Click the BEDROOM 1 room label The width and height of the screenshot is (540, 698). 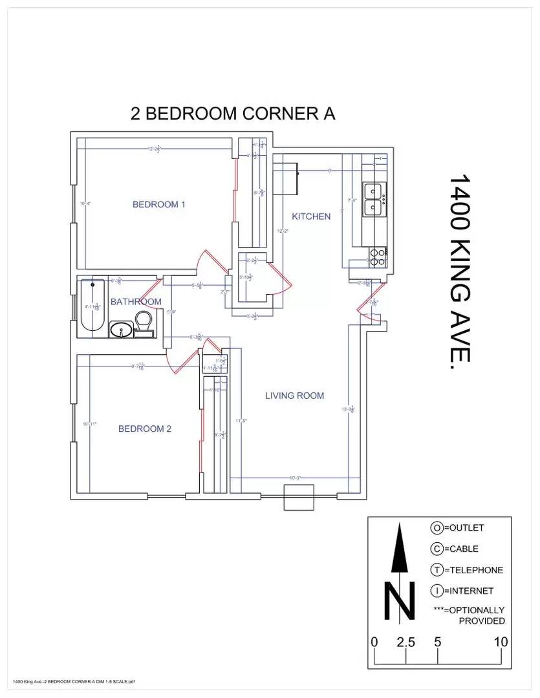tap(159, 204)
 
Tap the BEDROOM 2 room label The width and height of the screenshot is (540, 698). tap(144, 428)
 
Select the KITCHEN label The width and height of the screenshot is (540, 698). tap(311, 217)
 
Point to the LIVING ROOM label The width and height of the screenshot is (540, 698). tap(294, 396)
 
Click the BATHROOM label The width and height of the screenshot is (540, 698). tap(136, 302)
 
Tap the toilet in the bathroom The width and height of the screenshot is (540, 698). tap(144, 321)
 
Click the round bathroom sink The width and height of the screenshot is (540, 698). tap(121, 330)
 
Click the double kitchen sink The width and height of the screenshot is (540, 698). tap(373, 200)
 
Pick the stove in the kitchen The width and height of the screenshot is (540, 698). tap(377, 258)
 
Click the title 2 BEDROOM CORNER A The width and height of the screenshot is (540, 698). tap(233, 114)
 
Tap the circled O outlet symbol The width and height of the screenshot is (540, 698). tap(437, 528)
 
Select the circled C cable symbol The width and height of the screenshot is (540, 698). tap(437, 549)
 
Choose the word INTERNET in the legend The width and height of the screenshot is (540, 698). tap(472, 591)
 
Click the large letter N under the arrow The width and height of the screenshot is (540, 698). tap(399, 601)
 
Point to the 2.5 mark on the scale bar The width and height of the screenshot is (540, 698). tap(405, 642)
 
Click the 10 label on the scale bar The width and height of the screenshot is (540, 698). tap(501, 642)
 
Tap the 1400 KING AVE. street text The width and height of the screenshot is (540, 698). tap(460, 271)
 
